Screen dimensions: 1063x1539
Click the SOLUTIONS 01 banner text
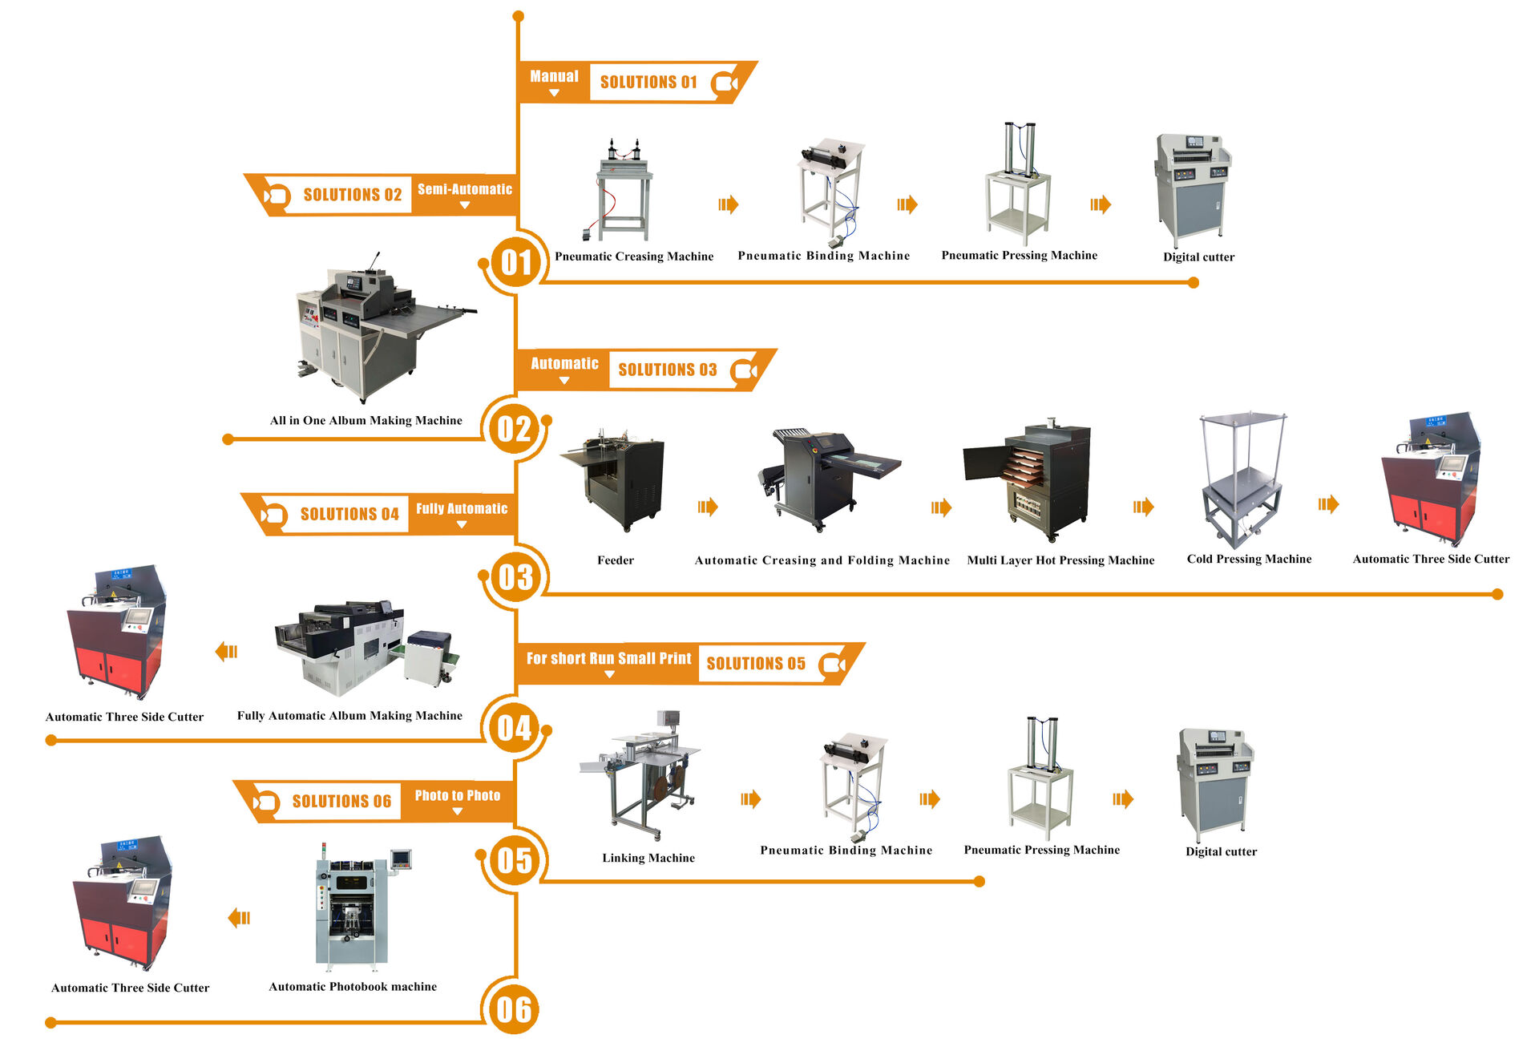[x=648, y=82]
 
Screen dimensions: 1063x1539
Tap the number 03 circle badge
[x=515, y=577]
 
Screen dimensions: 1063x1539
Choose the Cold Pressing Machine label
[x=1249, y=559]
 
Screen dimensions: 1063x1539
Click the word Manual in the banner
[x=554, y=76]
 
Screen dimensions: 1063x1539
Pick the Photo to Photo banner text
[x=457, y=795]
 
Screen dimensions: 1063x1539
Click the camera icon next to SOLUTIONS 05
[x=834, y=665]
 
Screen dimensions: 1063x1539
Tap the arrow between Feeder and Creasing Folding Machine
[x=707, y=507]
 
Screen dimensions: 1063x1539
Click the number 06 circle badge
[x=514, y=1009]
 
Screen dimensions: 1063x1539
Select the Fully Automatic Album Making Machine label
[x=349, y=715]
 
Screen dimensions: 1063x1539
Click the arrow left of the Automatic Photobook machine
[x=239, y=917]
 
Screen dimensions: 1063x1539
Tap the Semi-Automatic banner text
[x=464, y=189]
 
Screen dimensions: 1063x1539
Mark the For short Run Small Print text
[x=608, y=658]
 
